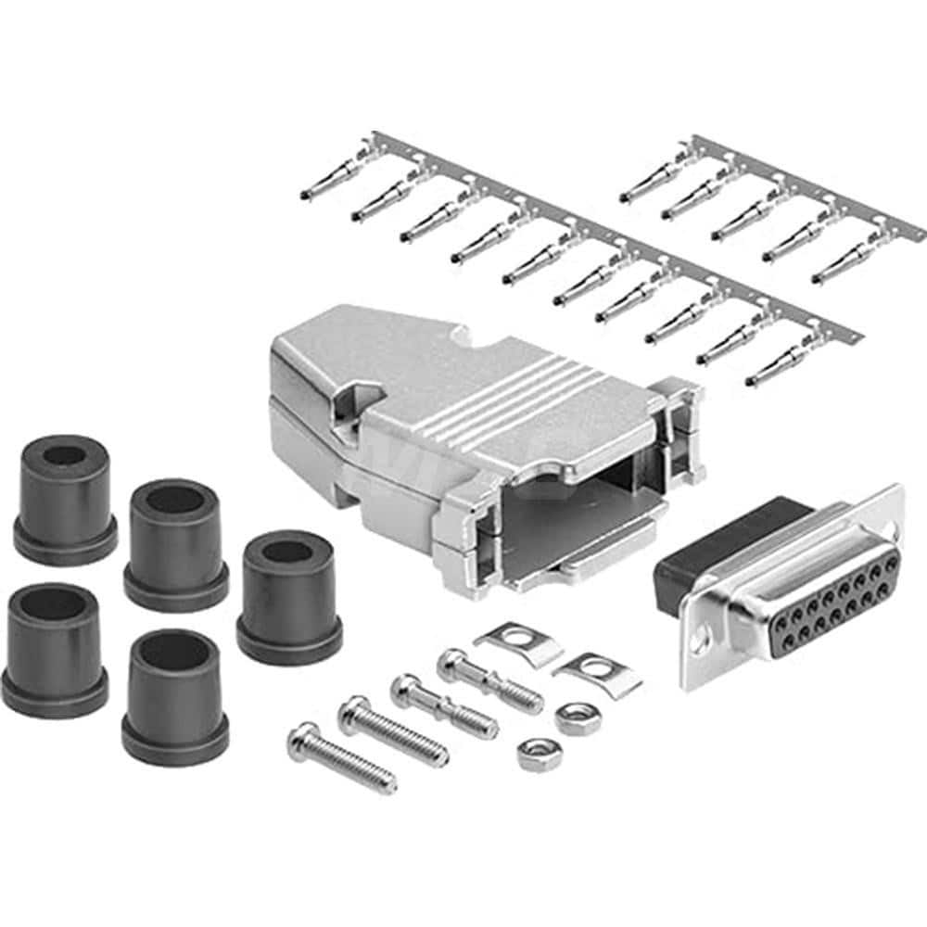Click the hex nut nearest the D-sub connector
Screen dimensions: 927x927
pos(577,717)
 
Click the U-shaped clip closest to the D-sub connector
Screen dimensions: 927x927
pos(598,673)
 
